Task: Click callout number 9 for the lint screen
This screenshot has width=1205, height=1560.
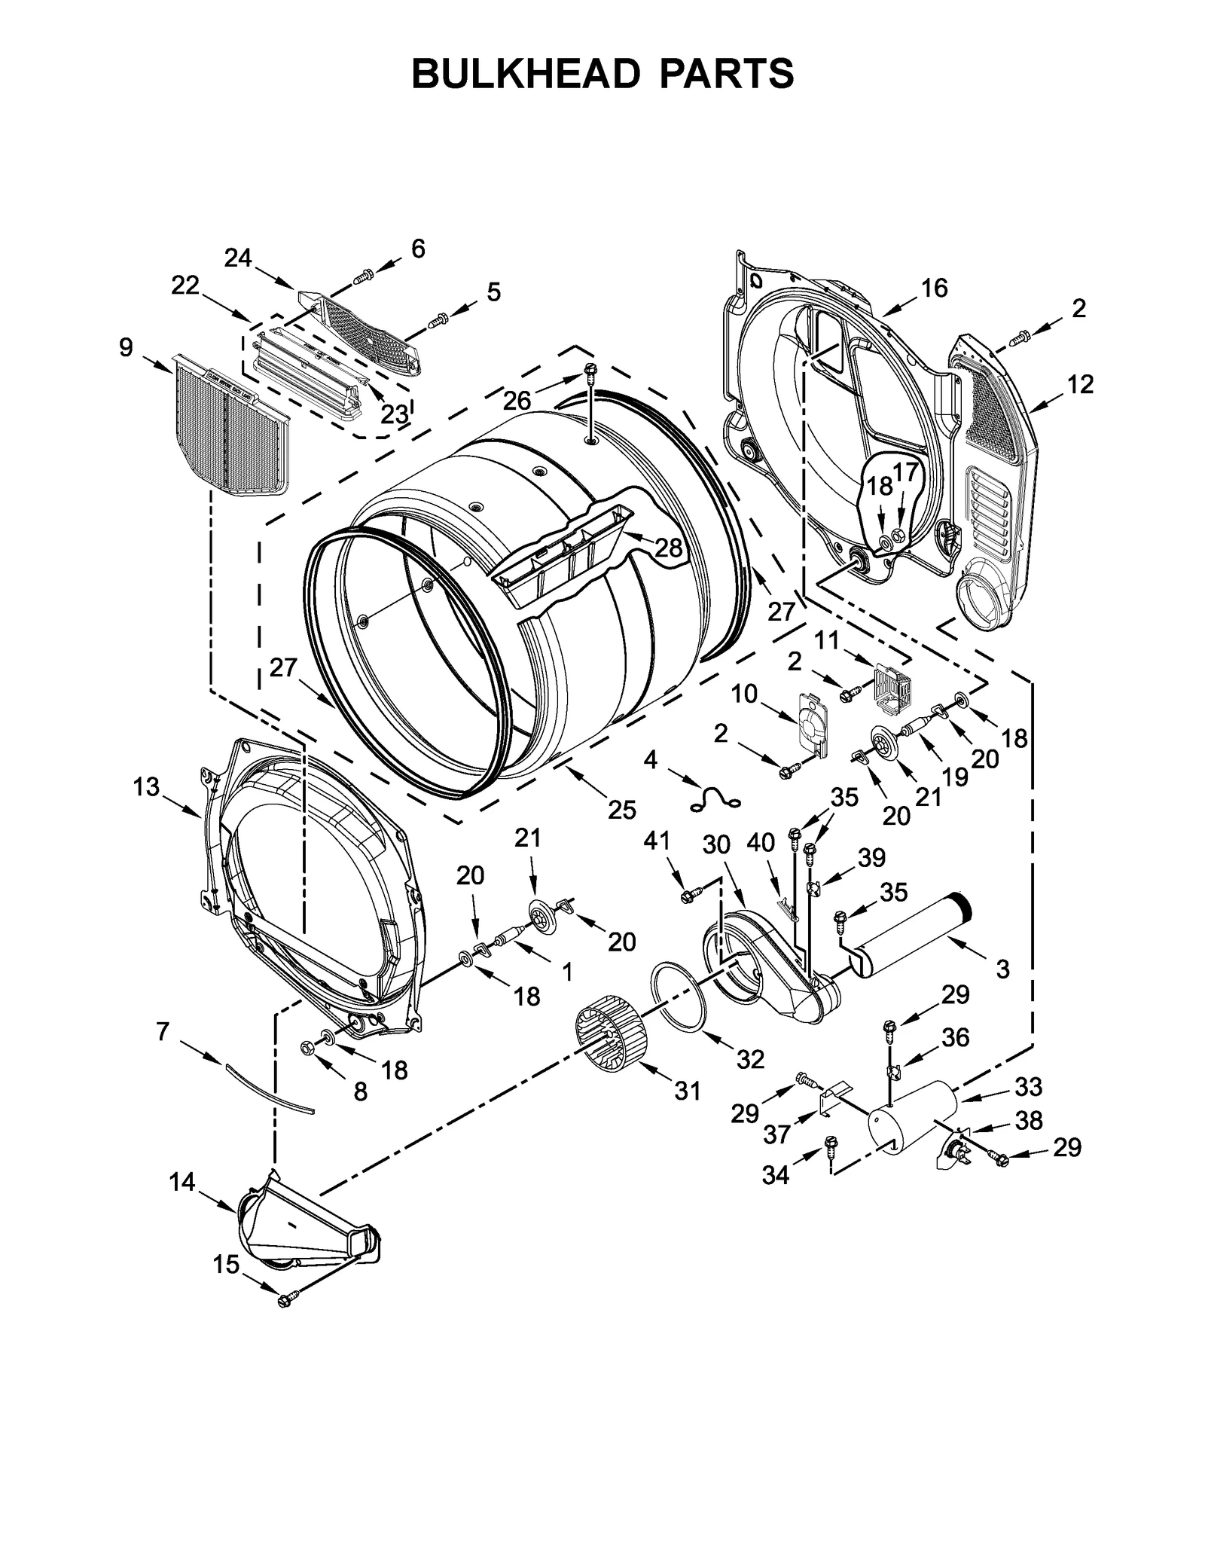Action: pos(125,347)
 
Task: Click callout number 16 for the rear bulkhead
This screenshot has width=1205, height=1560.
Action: pos(934,288)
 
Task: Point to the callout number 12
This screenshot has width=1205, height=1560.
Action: pos(1080,384)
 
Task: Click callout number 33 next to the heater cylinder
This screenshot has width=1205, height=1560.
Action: pos(1028,1086)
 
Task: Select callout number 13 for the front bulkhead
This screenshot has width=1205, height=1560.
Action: pos(146,787)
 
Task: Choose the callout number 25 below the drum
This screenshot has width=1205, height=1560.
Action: pos(622,810)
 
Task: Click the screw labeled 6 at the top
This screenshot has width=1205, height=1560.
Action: pos(364,276)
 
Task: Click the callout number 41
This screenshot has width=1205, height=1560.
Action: pos(656,841)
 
